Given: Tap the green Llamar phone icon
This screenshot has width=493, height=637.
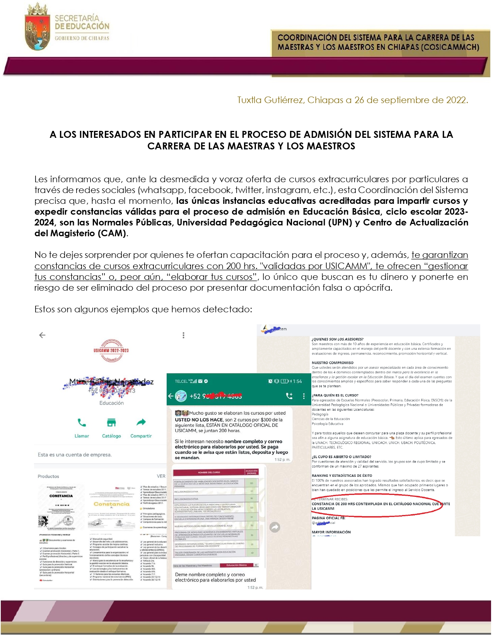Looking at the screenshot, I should click(82, 422).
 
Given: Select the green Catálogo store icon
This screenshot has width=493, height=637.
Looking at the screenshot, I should click(111, 422).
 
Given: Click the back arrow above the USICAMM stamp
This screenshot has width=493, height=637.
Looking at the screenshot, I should click(43, 335).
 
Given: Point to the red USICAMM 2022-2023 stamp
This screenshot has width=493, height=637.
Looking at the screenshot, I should click(111, 350).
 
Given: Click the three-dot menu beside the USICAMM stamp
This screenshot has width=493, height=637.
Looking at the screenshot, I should click(183, 335).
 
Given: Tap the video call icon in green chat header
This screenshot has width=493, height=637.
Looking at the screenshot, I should click(289, 396).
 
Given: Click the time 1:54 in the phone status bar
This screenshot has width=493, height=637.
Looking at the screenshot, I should click(297, 381).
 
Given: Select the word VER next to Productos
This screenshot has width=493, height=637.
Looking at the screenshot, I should click(161, 476).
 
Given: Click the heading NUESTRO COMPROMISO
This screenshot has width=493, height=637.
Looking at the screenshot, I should click(333, 363).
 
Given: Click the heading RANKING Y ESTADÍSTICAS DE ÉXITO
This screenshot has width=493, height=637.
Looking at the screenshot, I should click(342, 476).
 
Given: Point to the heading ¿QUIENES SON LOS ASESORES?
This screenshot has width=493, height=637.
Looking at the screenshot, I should click(338, 339).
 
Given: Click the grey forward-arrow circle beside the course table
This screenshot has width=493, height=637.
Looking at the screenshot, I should click(275, 527).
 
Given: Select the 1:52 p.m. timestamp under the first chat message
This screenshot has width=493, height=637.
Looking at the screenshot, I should click(282, 459).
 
